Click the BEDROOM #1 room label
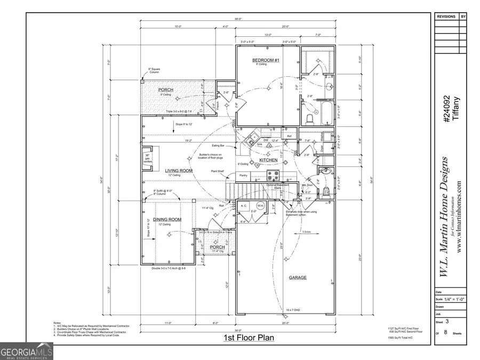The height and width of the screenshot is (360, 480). pyautogui.click(x=266, y=60)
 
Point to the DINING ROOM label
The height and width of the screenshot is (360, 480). pyautogui.click(x=167, y=220)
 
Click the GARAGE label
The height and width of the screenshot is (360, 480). pyautogui.click(x=297, y=278)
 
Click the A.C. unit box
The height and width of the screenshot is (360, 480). pyautogui.click(x=244, y=206)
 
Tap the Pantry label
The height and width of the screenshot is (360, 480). pyautogui.click(x=243, y=175)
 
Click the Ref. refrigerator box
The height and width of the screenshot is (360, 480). pyautogui.click(x=290, y=137)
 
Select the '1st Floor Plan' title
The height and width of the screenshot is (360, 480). pyautogui.click(x=249, y=338)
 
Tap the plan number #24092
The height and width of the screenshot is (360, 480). pyautogui.click(x=447, y=109)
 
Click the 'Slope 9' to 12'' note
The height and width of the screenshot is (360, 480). pyautogui.click(x=184, y=123)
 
